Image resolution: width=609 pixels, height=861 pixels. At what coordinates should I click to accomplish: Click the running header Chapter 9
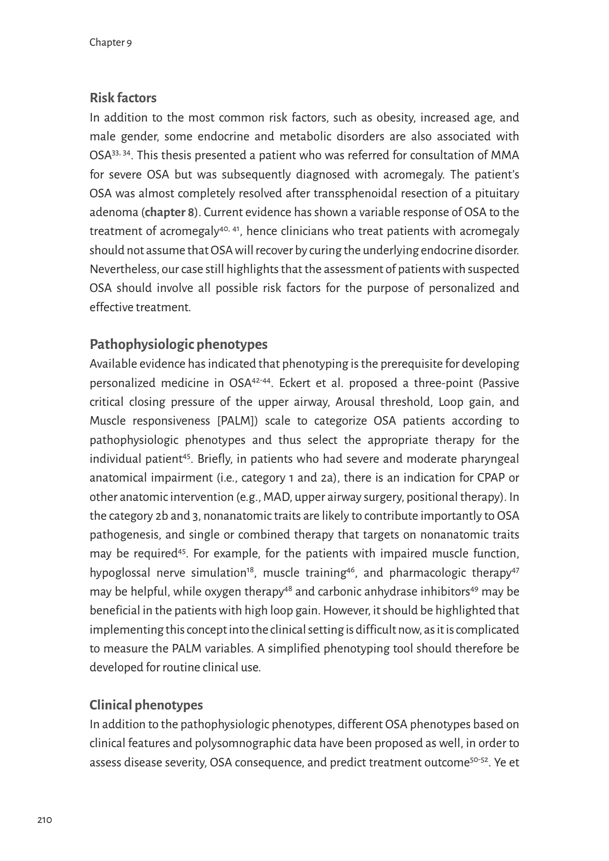pyautogui.click(x=110, y=43)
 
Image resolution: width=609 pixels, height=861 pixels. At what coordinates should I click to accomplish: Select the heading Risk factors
pyautogui.click(x=123, y=98)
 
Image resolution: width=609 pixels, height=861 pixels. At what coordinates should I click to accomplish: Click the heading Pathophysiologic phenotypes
pyautogui.click(x=178, y=344)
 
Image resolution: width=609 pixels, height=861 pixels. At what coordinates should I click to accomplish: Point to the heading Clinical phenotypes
pyautogui.click(x=146, y=705)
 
